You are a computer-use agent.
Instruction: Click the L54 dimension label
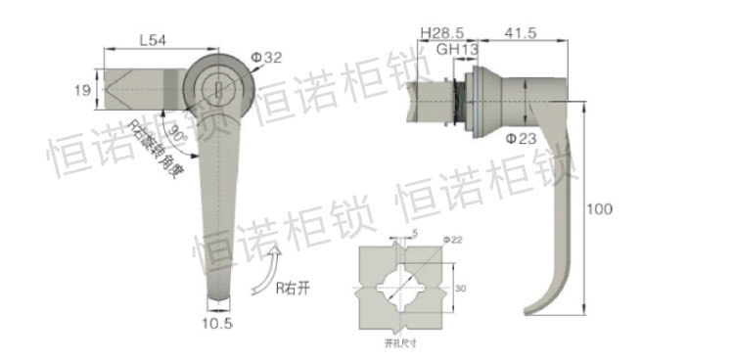[x=152, y=40]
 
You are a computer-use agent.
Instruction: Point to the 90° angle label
[x=176, y=131]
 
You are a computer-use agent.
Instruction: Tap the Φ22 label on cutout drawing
[x=452, y=240]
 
